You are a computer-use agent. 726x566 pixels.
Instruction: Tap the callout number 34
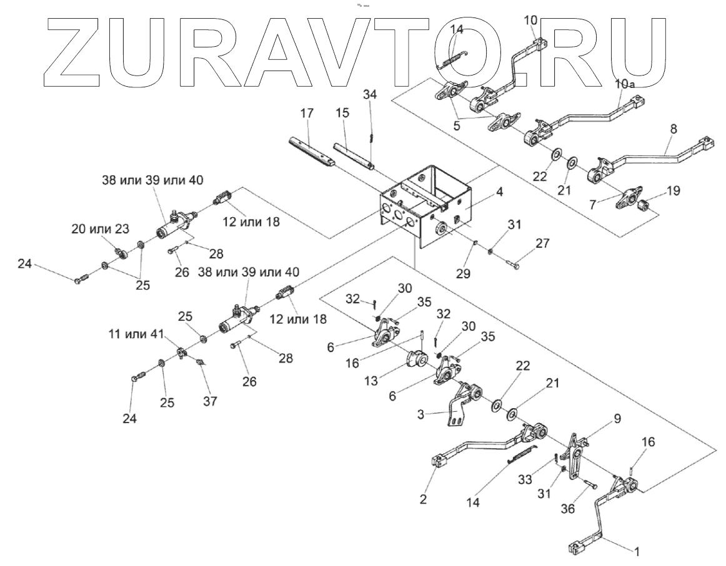point(370,94)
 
